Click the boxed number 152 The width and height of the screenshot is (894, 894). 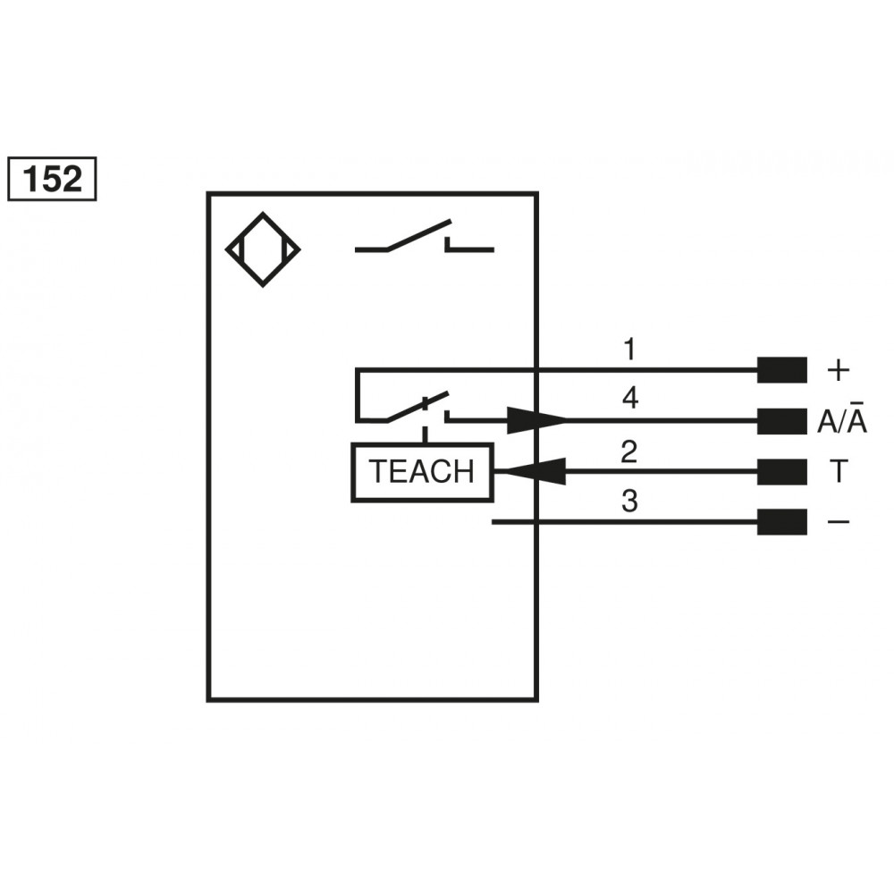click(x=51, y=179)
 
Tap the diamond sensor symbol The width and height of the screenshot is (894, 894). click(x=262, y=249)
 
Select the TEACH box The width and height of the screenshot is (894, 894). click(x=422, y=471)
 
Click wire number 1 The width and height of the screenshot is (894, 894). click(x=630, y=349)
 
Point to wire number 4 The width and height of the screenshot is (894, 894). click(x=630, y=399)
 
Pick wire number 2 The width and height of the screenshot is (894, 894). click(x=630, y=451)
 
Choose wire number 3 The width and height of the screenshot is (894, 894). click(x=630, y=502)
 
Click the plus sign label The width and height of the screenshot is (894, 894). click(x=838, y=369)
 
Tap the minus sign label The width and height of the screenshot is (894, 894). click(x=839, y=521)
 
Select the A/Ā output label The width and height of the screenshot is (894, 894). click(x=841, y=421)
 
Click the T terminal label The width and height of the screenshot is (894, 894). click(x=839, y=471)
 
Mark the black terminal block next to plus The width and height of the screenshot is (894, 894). click(x=781, y=369)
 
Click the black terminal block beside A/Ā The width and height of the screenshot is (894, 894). click(x=781, y=421)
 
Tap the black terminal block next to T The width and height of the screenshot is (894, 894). click(x=781, y=471)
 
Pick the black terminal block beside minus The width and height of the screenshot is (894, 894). click(x=781, y=521)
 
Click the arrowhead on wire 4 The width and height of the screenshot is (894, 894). click(x=536, y=420)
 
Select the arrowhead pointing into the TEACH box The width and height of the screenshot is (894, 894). click(x=531, y=471)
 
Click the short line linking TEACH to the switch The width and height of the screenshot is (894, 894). click(x=425, y=435)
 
